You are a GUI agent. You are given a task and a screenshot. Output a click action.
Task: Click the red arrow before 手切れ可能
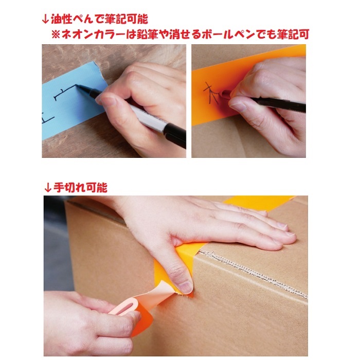pos(46,187)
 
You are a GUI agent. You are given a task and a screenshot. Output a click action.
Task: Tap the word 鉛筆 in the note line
pos(155,35)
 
